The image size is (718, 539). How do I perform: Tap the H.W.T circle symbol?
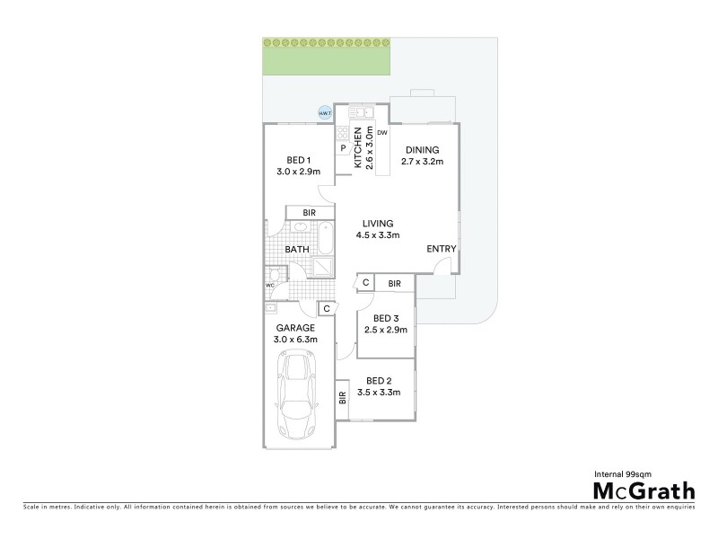(x=325, y=113)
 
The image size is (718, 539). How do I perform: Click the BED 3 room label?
(x=386, y=318)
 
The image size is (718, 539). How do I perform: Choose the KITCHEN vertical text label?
(x=357, y=148)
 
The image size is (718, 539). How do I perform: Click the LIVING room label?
(x=378, y=224)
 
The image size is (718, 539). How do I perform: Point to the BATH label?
(x=297, y=249)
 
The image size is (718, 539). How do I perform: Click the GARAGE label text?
(x=293, y=328)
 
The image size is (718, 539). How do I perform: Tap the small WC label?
(x=269, y=286)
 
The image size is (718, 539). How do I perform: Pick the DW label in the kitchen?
(x=381, y=133)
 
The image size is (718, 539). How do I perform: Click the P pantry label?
(x=343, y=149)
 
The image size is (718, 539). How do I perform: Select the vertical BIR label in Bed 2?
(x=342, y=396)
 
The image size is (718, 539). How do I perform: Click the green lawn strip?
(x=327, y=56)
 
